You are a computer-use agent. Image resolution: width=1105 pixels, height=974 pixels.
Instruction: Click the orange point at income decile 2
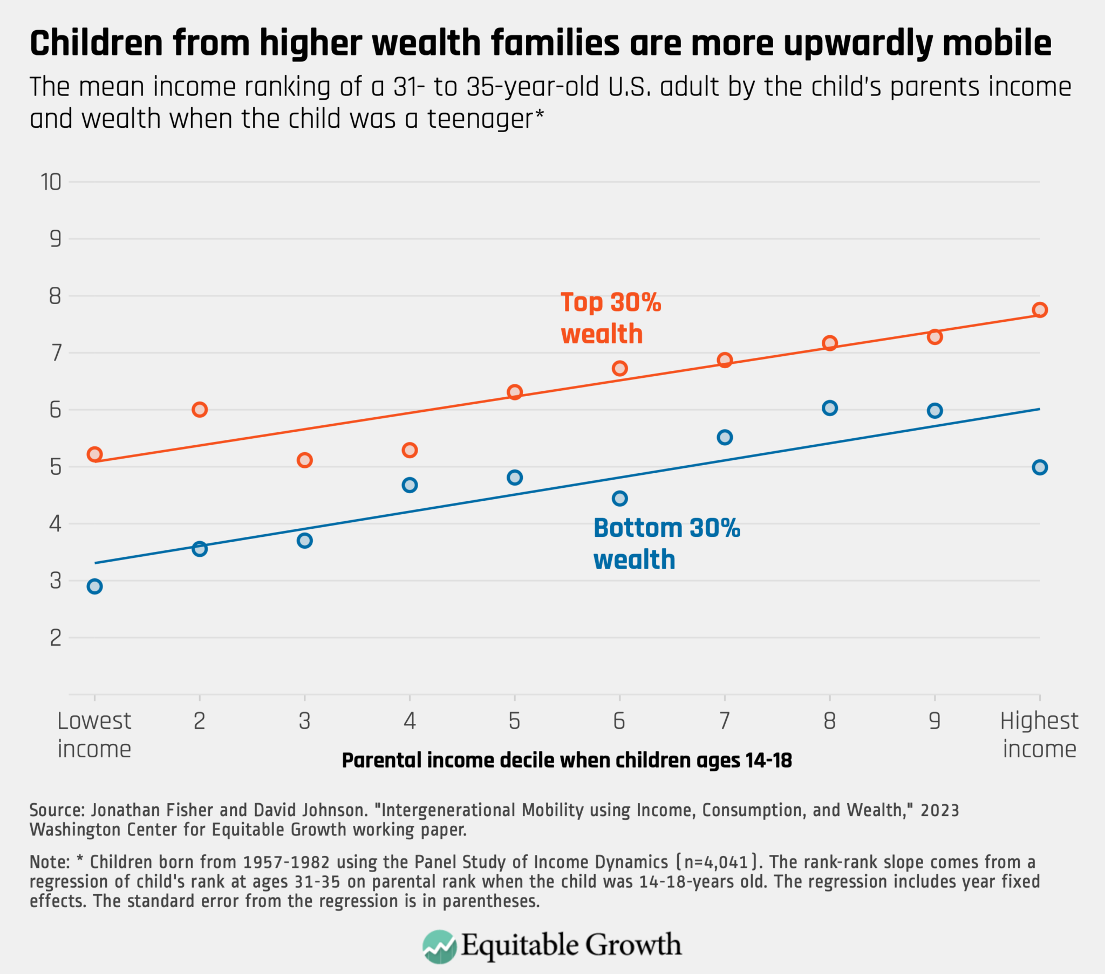(200, 410)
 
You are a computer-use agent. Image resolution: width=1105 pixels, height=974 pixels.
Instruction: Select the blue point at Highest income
(1040, 467)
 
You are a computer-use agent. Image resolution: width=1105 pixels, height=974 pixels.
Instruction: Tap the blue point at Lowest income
(94, 586)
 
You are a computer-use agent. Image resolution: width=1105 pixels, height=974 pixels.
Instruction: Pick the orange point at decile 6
(619, 369)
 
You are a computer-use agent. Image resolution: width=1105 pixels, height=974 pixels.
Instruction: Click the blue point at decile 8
(830, 408)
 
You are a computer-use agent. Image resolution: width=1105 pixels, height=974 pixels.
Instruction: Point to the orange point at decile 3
(305, 460)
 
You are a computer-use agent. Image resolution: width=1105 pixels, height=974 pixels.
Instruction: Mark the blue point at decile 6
(619, 498)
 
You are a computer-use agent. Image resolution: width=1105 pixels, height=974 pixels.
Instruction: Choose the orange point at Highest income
(1040, 309)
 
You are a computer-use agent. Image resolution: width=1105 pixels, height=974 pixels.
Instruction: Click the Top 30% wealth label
(610, 318)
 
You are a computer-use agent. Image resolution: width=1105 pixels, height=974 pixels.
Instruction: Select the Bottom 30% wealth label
(666, 543)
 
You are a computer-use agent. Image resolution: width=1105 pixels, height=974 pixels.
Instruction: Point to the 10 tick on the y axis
(51, 182)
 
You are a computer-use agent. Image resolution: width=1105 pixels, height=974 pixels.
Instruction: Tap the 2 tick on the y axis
(55, 638)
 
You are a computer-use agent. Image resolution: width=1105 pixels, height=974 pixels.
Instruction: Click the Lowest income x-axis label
(94, 735)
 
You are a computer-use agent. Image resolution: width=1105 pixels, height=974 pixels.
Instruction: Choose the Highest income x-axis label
(1039, 735)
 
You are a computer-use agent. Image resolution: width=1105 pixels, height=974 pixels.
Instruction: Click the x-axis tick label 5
(514, 721)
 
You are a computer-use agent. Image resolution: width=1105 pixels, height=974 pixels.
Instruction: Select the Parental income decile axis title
(567, 761)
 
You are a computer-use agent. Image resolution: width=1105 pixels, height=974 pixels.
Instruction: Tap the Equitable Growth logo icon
(439, 947)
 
